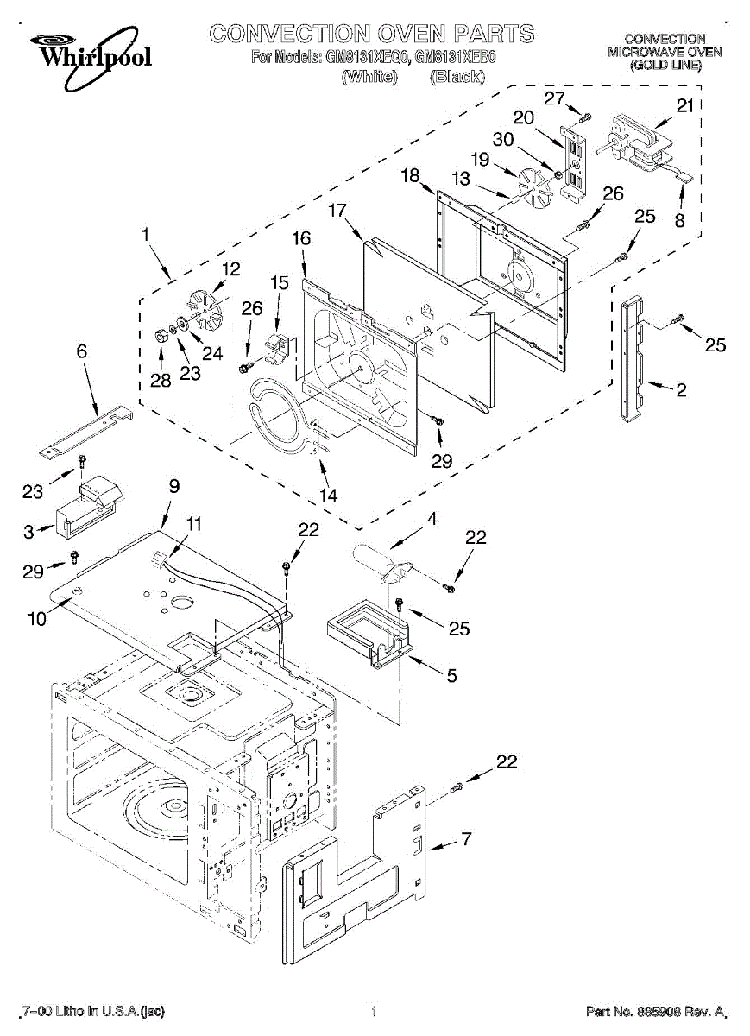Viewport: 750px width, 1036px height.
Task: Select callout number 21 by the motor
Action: [x=684, y=106]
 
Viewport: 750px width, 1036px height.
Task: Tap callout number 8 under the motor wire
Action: [x=679, y=220]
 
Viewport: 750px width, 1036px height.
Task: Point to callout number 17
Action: [x=337, y=210]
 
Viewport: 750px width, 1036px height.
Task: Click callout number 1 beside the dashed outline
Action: [x=146, y=233]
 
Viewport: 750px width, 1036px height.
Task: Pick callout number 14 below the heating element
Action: [x=329, y=496]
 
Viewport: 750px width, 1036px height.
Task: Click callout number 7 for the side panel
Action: [x=466, y=838]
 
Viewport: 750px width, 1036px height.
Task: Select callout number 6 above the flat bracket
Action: [x=82, y=351]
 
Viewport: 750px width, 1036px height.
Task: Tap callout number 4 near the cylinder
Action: [x=432, y=519]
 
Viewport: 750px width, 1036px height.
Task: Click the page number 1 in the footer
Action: [x=374, y=1011]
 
